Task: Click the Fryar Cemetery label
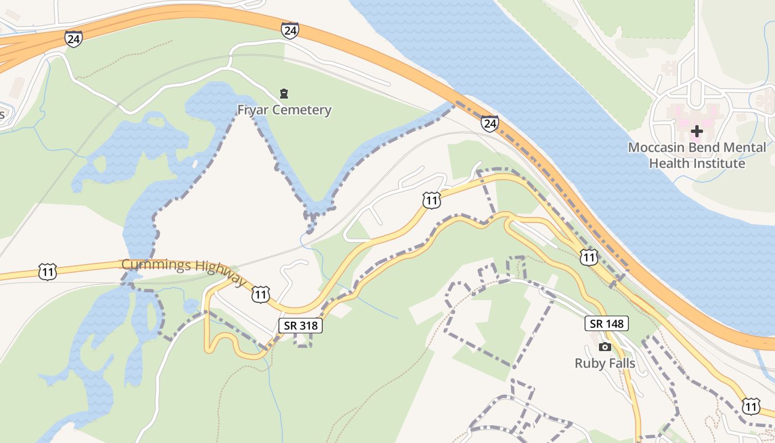284,110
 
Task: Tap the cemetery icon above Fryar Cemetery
284,93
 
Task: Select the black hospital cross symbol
697,131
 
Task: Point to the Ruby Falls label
604,363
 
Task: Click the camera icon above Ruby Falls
605,347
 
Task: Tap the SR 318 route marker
300,326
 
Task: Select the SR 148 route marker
607,323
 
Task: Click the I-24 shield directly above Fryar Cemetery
290,30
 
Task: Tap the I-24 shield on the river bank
489,123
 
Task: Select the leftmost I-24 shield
73,39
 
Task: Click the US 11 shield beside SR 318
260,294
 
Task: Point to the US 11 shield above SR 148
588,256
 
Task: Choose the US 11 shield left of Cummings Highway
48,272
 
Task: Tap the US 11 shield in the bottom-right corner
751,406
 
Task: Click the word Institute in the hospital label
717,163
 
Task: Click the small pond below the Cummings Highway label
190,305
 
